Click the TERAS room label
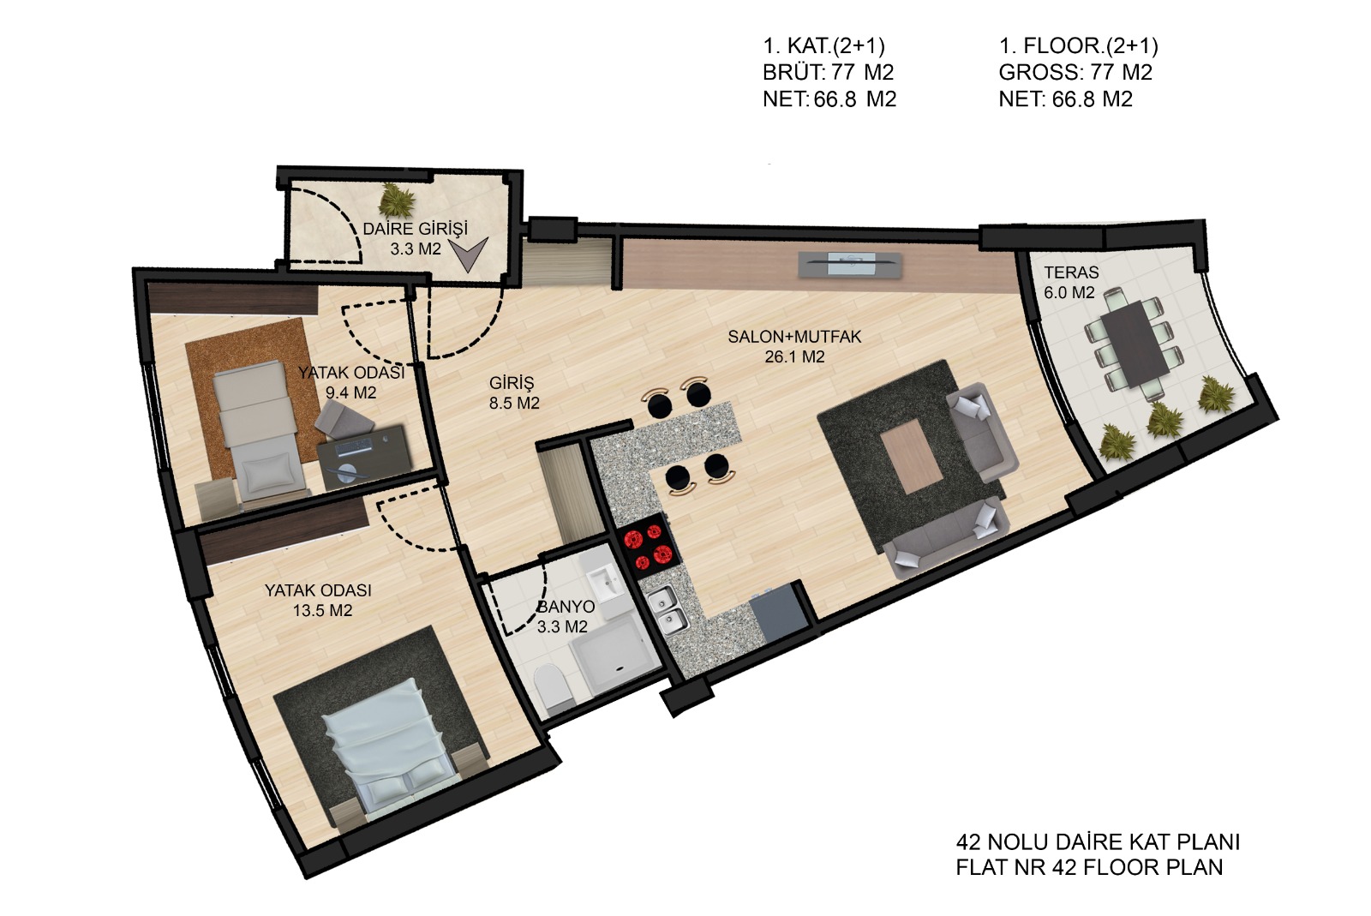click(x=1071, y=272)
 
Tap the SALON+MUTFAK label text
click(x=794, y=337)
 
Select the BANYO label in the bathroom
click(x=566, y=607)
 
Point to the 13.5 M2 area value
click(x=322, y=611)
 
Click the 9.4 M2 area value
click(x=350, y=392)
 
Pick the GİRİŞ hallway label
click(x=512, y=383)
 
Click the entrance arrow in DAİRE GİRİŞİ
click(x=469, y=254)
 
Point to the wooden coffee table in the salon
click(x=910, y=457)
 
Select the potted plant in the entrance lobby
click(x=397, y=200)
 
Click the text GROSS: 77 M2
click(x=1075, y=72)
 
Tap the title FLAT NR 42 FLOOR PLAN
click(x=1089, y=867)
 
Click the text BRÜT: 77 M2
click(x=828, y=72)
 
